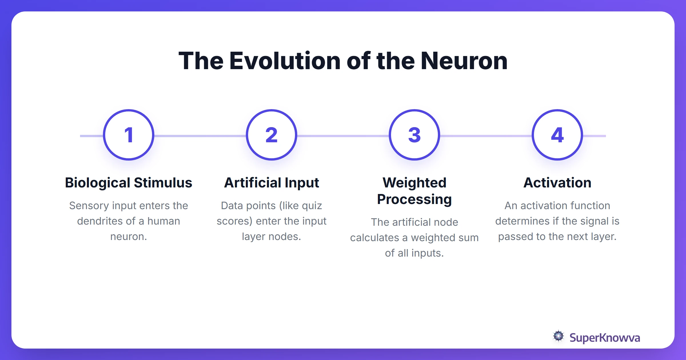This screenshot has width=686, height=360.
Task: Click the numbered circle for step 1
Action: [x=129, y=135]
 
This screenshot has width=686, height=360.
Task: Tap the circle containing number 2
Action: [x=272, y=135]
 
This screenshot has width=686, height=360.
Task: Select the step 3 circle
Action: [x=414, y=135]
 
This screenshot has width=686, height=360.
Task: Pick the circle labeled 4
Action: [x=557, y=135]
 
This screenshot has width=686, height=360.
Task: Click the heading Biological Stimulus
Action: [x=129, y=183]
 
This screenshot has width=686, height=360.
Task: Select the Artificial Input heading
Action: [x=272, y=183]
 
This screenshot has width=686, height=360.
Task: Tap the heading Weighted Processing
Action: [x=414, y=191]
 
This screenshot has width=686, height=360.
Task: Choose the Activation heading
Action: [x=557, y=183]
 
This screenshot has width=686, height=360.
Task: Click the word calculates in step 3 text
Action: [x=374, y=238]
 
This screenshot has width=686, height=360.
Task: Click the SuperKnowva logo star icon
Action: [x=558, y=336]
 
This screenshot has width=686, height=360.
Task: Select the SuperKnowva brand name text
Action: [x=605, y=338]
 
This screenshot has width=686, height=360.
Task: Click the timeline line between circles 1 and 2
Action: [x=200, y=136]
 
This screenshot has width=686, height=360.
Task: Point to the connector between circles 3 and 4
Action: [x=486, y=136]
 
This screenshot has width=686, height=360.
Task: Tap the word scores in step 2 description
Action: [x=234, y=221]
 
